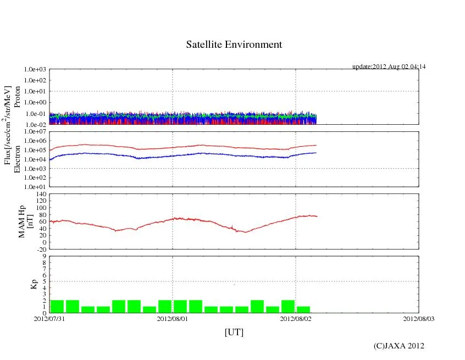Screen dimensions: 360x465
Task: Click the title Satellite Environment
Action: pos(234,45)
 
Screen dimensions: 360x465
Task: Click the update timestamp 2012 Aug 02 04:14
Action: pos(389,67)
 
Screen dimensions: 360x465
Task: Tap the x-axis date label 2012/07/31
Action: pos(49,319)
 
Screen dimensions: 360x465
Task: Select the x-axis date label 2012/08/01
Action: pos(173,319)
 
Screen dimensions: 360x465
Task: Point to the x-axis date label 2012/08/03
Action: pos(418,319)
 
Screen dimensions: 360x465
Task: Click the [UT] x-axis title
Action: pos(234,332)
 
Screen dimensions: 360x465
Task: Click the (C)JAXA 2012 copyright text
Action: pos(398,346)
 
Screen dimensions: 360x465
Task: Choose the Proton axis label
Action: pos(17,97)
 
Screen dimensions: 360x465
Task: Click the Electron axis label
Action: pos(17,159)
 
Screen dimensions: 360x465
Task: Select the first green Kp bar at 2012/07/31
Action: pos(57,306)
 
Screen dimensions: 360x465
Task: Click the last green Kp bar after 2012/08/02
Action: pos(303,309)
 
